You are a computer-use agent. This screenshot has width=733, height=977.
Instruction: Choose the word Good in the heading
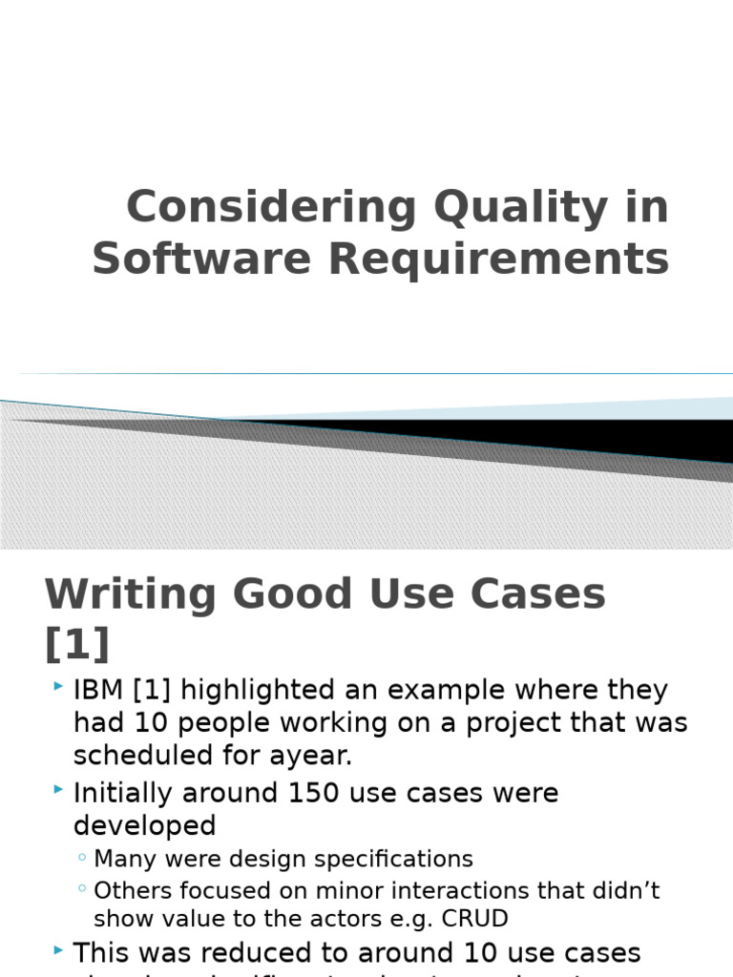[x=296, y=595]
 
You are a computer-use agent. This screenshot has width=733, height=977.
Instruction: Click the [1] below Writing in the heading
[x=77, y=644]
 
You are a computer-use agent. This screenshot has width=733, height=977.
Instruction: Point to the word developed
[x=145, y=825]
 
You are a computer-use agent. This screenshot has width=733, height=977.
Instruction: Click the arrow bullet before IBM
[x=59, y=687]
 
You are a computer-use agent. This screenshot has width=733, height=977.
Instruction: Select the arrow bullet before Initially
[x=59, y=790]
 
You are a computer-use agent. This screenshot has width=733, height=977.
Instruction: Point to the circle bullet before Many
[x=83, y=859]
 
